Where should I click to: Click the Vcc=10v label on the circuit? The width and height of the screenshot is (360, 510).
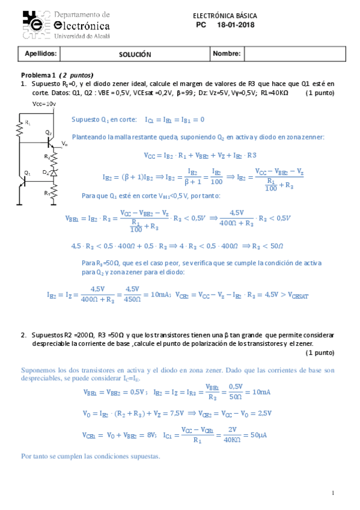click(x=44, y=103)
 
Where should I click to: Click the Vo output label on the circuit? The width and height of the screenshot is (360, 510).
click(x=64, y=145)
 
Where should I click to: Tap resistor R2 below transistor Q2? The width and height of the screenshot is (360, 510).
click(x=53, y=158)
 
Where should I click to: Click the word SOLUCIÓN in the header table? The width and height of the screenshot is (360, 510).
click(x=135, y=54)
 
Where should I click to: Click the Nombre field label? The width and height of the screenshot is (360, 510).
click(x=227, y=54)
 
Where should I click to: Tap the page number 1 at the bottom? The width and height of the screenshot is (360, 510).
click(x=333, y=493)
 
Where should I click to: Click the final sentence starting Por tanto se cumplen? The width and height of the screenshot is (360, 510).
click(x=91, y=456)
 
